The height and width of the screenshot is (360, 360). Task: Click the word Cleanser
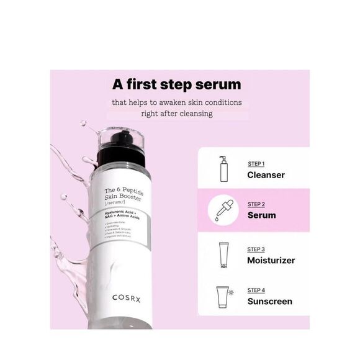[266, 175]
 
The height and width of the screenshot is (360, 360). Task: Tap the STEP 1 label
[256, 164]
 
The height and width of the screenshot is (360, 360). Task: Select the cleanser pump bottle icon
[223, 169]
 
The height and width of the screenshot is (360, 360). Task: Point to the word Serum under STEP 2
[261, 215]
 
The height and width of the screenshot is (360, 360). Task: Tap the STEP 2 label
[256, 204]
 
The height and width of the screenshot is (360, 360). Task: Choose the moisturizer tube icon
[223, 253]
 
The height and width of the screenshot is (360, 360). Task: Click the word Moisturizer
[271, 260]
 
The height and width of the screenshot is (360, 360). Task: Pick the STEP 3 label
[256, 250]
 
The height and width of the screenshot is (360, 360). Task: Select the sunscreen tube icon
[222, 296]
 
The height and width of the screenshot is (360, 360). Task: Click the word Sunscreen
[269, 302]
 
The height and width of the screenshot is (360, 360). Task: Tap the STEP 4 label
[256, 290]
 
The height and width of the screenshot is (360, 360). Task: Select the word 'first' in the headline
[148, 84]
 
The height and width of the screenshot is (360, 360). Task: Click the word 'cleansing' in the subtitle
[191, 114]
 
